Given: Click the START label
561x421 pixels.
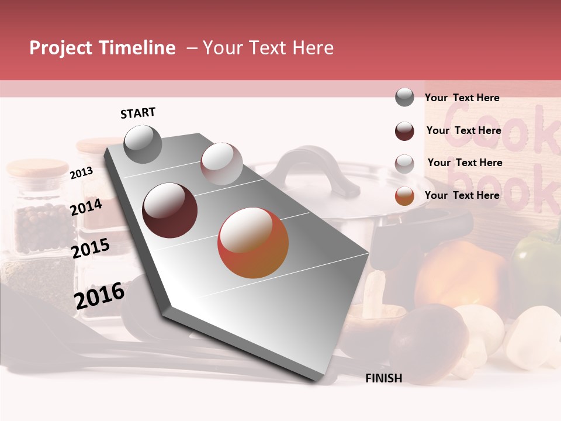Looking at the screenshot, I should coord(138,113).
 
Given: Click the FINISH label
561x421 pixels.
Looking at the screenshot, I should coord(384,378).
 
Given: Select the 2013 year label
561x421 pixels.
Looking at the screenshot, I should coord(81,172).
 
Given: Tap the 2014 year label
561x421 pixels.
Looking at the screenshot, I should coord(86,207).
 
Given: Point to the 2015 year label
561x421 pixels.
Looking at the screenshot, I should coord(90,249).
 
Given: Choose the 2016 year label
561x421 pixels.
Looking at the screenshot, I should coord(99,295).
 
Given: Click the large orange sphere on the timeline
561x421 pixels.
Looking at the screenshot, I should coord(253,243).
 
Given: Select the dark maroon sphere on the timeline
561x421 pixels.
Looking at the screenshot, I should coord(169,210).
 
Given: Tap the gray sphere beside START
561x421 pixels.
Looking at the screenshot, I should coord(143,144).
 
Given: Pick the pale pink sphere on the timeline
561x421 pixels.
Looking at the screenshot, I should coord(221,164).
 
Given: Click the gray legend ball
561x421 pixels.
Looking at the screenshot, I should coord(404,98).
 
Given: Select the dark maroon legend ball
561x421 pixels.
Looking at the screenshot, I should coord(404,131).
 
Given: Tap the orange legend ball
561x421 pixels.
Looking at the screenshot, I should coord(404,196).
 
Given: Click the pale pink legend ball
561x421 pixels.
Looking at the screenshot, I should coord(404,163).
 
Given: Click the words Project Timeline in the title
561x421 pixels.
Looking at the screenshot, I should coord(102,48).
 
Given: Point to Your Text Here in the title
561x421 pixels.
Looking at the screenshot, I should coord(268,48).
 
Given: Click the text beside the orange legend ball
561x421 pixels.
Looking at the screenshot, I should coord(462,195).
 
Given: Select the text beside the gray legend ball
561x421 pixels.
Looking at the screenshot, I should coord(462,98).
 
